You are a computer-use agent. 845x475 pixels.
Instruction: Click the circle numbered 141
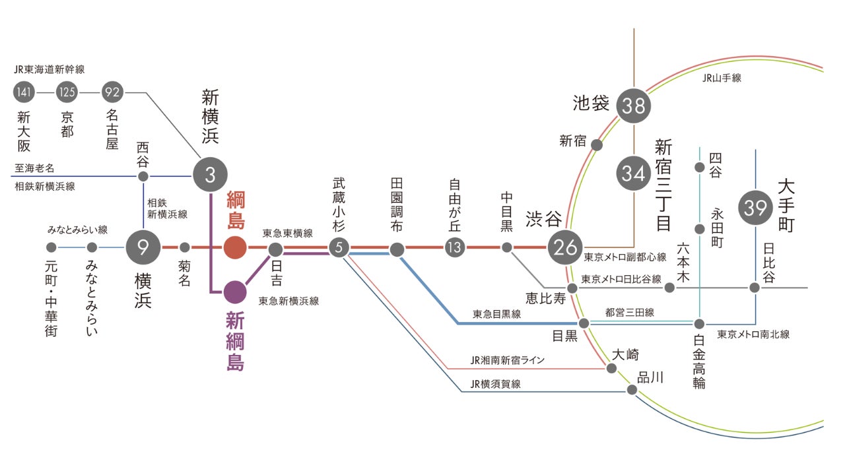click(x=24, y=92)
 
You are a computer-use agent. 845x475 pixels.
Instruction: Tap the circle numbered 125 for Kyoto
click(x=67, y=92)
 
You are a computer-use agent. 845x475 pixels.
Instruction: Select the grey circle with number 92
click(x=112, y=92)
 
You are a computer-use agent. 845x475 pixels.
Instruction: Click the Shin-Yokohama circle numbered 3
click(x=210, y=175)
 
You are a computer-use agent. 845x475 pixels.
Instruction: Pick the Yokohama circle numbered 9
click(x=143, y=247)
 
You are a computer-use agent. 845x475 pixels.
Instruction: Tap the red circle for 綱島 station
click(x=235, y=247)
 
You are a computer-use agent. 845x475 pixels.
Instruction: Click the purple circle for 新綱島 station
click(x=235, y=290)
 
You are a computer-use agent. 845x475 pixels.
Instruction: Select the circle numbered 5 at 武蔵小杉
click(x=339, y=249)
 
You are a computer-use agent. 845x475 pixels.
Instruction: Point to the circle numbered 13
click(x=455, y=249)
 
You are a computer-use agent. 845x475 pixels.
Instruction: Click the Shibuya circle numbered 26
click(x=566, y=248)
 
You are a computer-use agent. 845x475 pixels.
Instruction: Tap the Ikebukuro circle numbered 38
click(x=634, y=106)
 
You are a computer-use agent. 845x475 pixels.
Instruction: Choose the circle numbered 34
click(x=634, y=174)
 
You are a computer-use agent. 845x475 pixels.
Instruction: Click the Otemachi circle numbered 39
click(x=755, y=208)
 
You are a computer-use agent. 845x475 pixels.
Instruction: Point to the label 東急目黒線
click(x=496, y=315)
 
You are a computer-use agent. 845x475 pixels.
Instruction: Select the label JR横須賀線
click(x=495, y=383)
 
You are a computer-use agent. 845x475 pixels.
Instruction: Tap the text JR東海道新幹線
click(x=50, y=69)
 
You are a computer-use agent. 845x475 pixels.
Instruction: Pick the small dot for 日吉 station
click(x=276, y=249)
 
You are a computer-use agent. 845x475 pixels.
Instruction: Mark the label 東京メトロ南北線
click(x=753, y=334)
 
